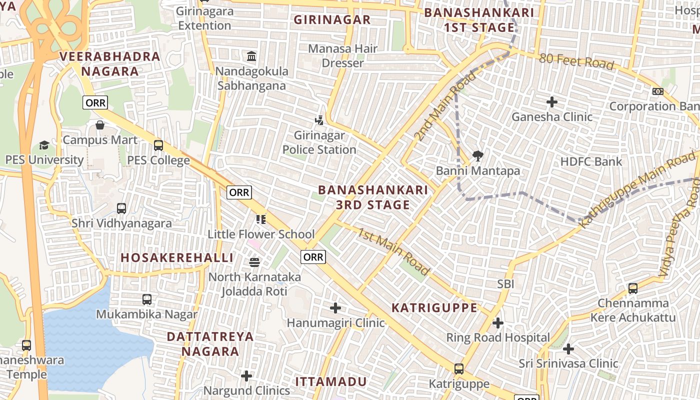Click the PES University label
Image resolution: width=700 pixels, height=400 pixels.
click(x=44, y=160)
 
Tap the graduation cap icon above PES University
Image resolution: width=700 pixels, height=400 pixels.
click(x=44, y=145)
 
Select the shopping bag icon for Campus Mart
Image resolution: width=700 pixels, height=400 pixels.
click(x=100, y=124)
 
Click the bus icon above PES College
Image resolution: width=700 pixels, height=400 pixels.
click(x=158, y=145)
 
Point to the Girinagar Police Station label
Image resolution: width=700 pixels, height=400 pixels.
click(x=319, y=142)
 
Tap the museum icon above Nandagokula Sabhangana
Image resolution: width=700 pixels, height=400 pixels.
click(x=251, y=56)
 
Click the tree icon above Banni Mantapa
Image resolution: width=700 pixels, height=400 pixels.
click(x=478, y=155)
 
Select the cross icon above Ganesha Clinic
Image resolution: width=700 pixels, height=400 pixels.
click(x=552, y=102)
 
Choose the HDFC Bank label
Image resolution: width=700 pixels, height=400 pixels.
click(x=591, y=161)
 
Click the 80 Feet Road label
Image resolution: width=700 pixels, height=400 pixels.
click(x=576, y=61)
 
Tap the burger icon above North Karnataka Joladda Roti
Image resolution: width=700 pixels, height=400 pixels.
click(x=254, y=262)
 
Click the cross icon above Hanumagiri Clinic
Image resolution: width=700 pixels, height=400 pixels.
click(x=335, y=308)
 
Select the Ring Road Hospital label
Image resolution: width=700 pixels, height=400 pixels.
click(x=498, y=337)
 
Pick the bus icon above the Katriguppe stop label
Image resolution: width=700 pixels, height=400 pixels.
click(x=459, y=369)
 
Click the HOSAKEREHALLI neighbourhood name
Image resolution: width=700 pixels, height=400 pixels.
click(x=177, y=257)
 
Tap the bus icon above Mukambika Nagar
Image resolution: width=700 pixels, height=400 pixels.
click(x=147, y=299)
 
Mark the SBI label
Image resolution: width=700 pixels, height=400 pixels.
click(x=505, y=284)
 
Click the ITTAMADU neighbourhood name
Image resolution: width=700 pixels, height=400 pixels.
click(x=331, y=381)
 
